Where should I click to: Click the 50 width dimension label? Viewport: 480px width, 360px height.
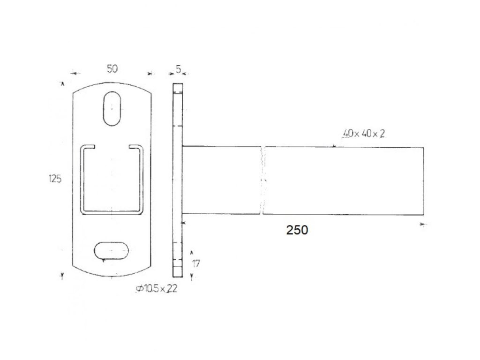tap(112, 69)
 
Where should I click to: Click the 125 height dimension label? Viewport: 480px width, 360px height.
tap(55, 179)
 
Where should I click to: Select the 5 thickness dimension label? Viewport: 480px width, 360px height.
tap(179, 69)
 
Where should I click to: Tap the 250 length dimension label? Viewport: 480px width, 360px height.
tap(297, 230)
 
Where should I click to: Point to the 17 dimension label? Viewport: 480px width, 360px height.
tap(196, 263)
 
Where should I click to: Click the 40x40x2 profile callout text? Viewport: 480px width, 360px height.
tap(364, 134)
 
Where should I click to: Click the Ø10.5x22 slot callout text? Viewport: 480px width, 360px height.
tap(157, 289)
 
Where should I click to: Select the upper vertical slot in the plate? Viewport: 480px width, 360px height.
tap(112, 108)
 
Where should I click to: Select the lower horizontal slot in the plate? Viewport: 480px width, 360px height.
tap(111, 251)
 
